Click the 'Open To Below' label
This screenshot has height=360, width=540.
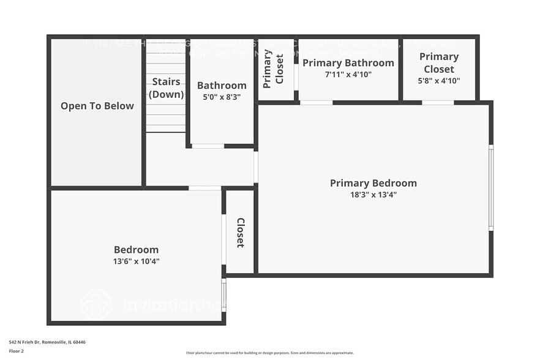click(x=97, y=106)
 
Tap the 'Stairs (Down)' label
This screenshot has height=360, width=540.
click(x=167, y=88)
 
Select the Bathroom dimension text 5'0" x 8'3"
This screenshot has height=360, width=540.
click(x=222, y=97)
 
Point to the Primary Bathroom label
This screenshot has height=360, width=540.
click(x=348, y=63)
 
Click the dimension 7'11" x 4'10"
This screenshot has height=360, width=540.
click(x=348, y=74)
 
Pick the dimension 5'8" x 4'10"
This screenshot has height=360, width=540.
click(x=439, y=80)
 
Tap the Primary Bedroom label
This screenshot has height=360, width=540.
click(x=373, y=183)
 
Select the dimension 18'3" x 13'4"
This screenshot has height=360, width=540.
click(x=373, y=195)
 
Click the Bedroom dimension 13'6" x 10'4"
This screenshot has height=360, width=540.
click(x=136, y=261)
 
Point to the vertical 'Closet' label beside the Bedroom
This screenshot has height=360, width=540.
click(x=241, y=233)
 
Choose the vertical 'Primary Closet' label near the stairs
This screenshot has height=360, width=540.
click(x=274, y=69)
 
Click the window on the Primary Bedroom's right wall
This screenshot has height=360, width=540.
click(x=491, y=188)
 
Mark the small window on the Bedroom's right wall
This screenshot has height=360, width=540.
click(x=223, y=294)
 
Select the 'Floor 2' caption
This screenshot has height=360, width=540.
click(x=17, y=351)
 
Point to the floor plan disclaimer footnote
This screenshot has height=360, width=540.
click(x=270, y=353)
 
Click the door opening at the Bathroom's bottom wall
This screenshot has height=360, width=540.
click(x=208, y=146)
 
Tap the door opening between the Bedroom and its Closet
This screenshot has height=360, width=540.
click(x=223, y=239)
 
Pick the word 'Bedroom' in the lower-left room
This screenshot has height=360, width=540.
click(x=136, y=250)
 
